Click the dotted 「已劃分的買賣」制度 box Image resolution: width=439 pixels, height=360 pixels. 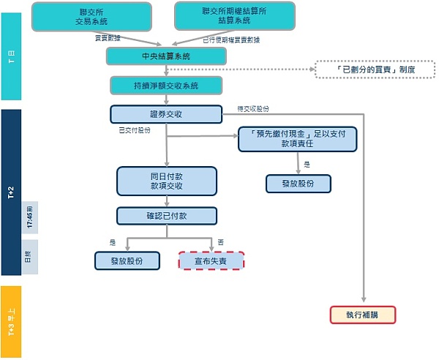tap(375, 70)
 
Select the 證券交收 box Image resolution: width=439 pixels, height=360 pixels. tap(165, 114)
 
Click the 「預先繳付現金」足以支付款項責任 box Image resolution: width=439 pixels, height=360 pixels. tap(297, 138)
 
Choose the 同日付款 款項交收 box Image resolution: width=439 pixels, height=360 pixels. tap(167, 181)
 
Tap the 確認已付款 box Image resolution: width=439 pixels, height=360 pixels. tap(167, 215)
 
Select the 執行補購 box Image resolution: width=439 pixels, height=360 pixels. tap(362, 315)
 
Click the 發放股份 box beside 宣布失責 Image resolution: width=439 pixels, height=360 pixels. tap(128, 260)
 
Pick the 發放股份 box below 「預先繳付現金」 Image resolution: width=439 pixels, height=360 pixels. tap(298, 183)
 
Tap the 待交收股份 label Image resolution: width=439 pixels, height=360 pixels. tap(253, 108)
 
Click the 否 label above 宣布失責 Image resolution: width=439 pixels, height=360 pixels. tap(219, 242)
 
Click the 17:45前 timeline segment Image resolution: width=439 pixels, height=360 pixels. tap(29, 219)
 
